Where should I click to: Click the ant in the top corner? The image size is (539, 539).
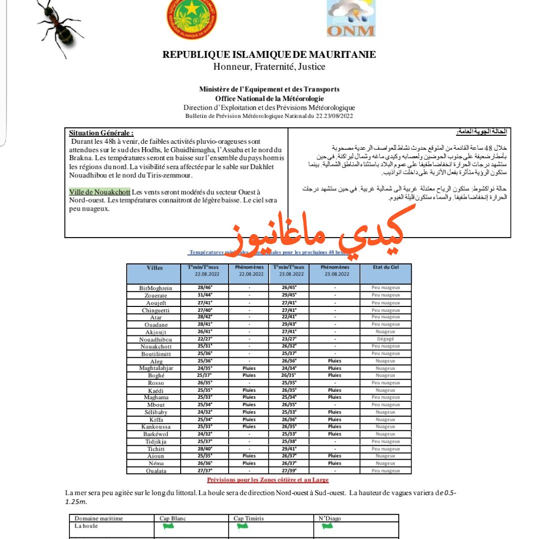coord(59,26)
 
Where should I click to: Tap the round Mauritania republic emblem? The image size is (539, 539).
coord(192,19)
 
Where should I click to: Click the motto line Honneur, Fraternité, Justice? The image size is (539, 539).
coord(269,66)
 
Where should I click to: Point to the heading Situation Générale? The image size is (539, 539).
coord(101,133)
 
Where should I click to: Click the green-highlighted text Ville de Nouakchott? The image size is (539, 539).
coord(100,192)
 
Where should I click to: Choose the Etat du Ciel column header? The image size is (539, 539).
coord(385,268)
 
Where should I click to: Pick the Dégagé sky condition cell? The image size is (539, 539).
coord(386,339)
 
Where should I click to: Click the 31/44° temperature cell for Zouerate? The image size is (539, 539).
coord(205,295)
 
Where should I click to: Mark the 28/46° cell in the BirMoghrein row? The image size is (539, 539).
coord(205,288)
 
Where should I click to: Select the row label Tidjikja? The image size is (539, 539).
coord(156,441)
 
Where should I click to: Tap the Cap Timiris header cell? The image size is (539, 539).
coord(250,519)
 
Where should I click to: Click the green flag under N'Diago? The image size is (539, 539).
coord(327,526)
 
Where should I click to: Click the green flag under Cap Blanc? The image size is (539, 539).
coord(169,526)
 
